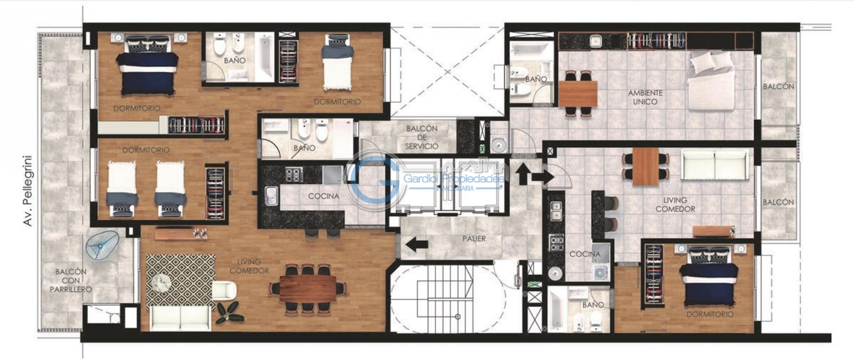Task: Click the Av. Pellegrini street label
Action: pyautogui.click(x=28, y=191)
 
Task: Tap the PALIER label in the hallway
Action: pyautogui.click(x=474, y=239)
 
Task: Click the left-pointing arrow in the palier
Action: pyautogui.click(x=417, y=245)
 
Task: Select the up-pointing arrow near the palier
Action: pyautogui.click(x=522, y=174)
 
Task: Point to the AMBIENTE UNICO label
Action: pyautogui.click(x=645, y=97)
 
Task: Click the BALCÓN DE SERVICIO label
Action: pyautogui.click(x=422, y=137)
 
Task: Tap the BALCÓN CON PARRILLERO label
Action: pyautogui.click(x=71, y=280)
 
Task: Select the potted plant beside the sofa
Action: pyautogui.click(x=228, y=312)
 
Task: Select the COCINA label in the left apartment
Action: pyautogui.click(x=323, y=196)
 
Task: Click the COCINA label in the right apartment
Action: pyautogui.click(x=584, y=254)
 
